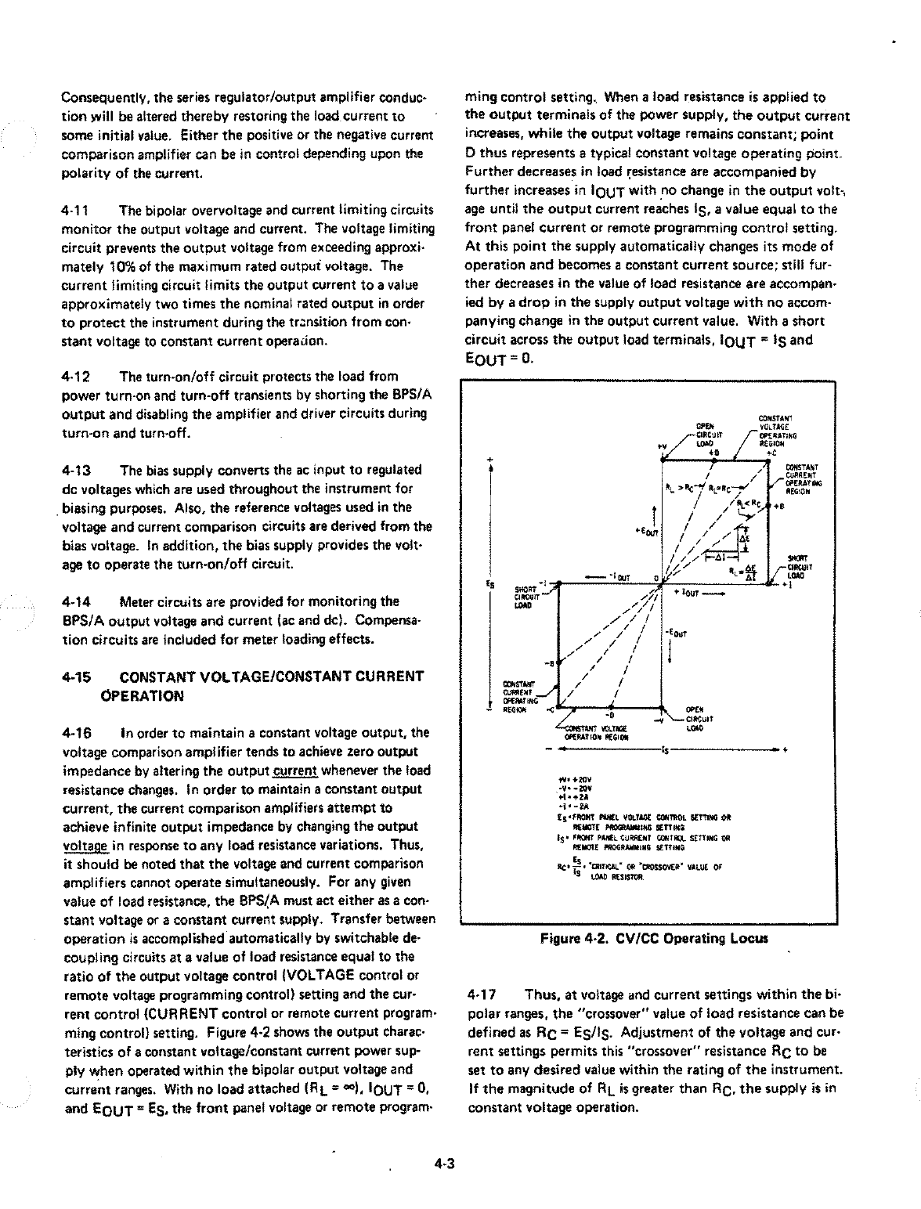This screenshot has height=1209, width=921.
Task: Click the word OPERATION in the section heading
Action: [x=143, y=695]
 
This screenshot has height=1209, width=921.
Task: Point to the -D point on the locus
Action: [x=608, y=713]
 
